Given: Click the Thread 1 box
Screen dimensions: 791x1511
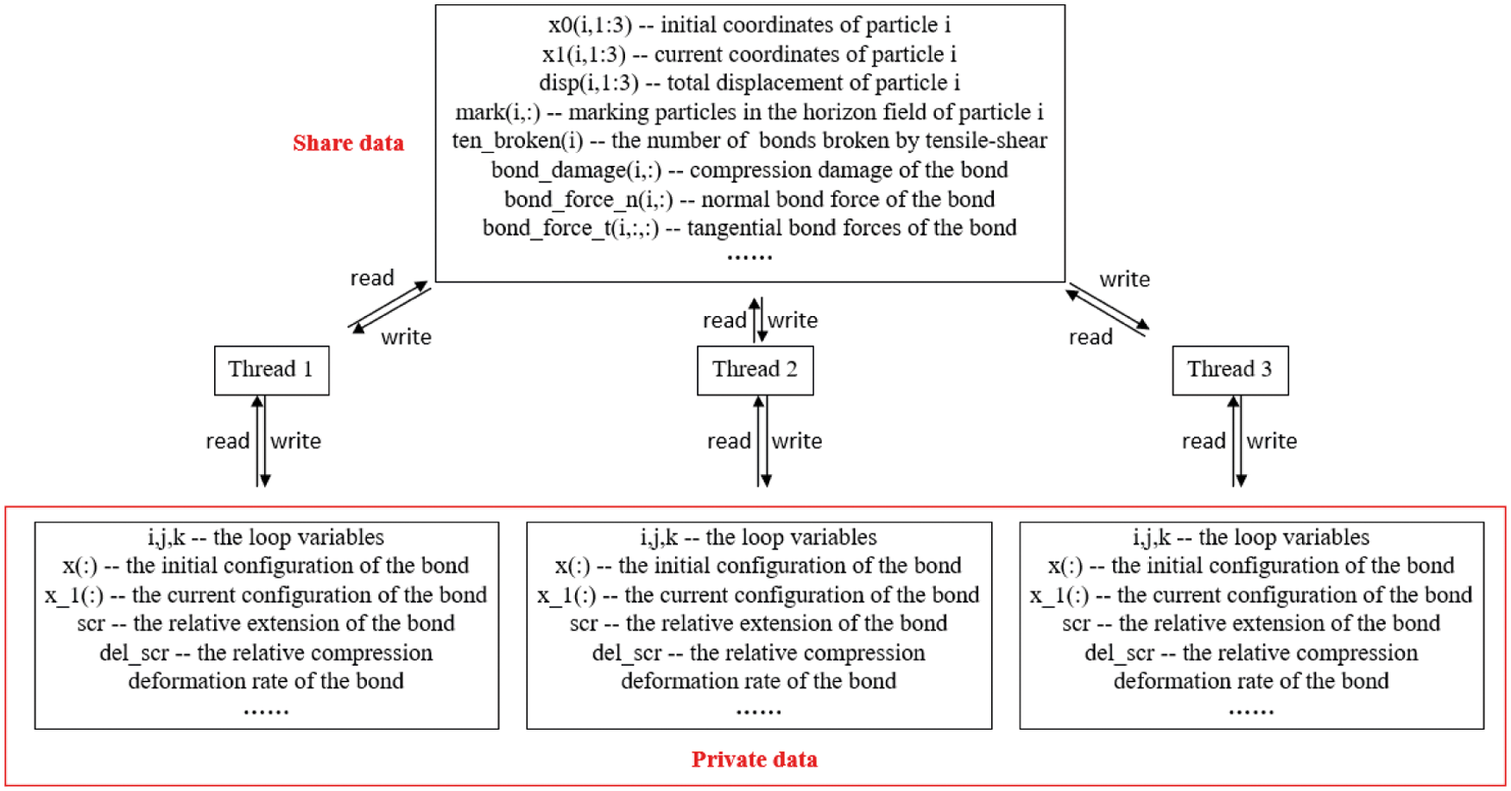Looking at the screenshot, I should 271,370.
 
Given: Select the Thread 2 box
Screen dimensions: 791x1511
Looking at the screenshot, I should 755,370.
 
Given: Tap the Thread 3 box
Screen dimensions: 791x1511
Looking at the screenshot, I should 1230,370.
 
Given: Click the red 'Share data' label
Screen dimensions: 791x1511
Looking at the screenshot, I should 348,143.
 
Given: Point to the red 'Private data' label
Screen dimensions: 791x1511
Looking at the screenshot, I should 754,760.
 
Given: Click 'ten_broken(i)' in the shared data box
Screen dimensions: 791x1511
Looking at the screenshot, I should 517,141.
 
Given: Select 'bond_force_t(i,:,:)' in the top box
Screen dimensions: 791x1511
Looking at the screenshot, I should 570,228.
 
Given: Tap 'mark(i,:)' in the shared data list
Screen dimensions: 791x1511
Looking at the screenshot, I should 497,112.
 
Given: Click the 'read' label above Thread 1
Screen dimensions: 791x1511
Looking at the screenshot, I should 371,278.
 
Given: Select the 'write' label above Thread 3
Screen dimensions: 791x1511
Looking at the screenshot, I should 1124,280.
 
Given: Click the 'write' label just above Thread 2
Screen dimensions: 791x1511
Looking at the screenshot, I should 793,320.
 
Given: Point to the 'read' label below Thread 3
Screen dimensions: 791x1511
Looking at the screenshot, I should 1204,441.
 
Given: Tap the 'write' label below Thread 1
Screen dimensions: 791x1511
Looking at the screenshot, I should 295,441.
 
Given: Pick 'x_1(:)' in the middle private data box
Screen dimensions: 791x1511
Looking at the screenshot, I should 566,595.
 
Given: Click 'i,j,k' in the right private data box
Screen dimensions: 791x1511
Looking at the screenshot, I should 1151,537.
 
